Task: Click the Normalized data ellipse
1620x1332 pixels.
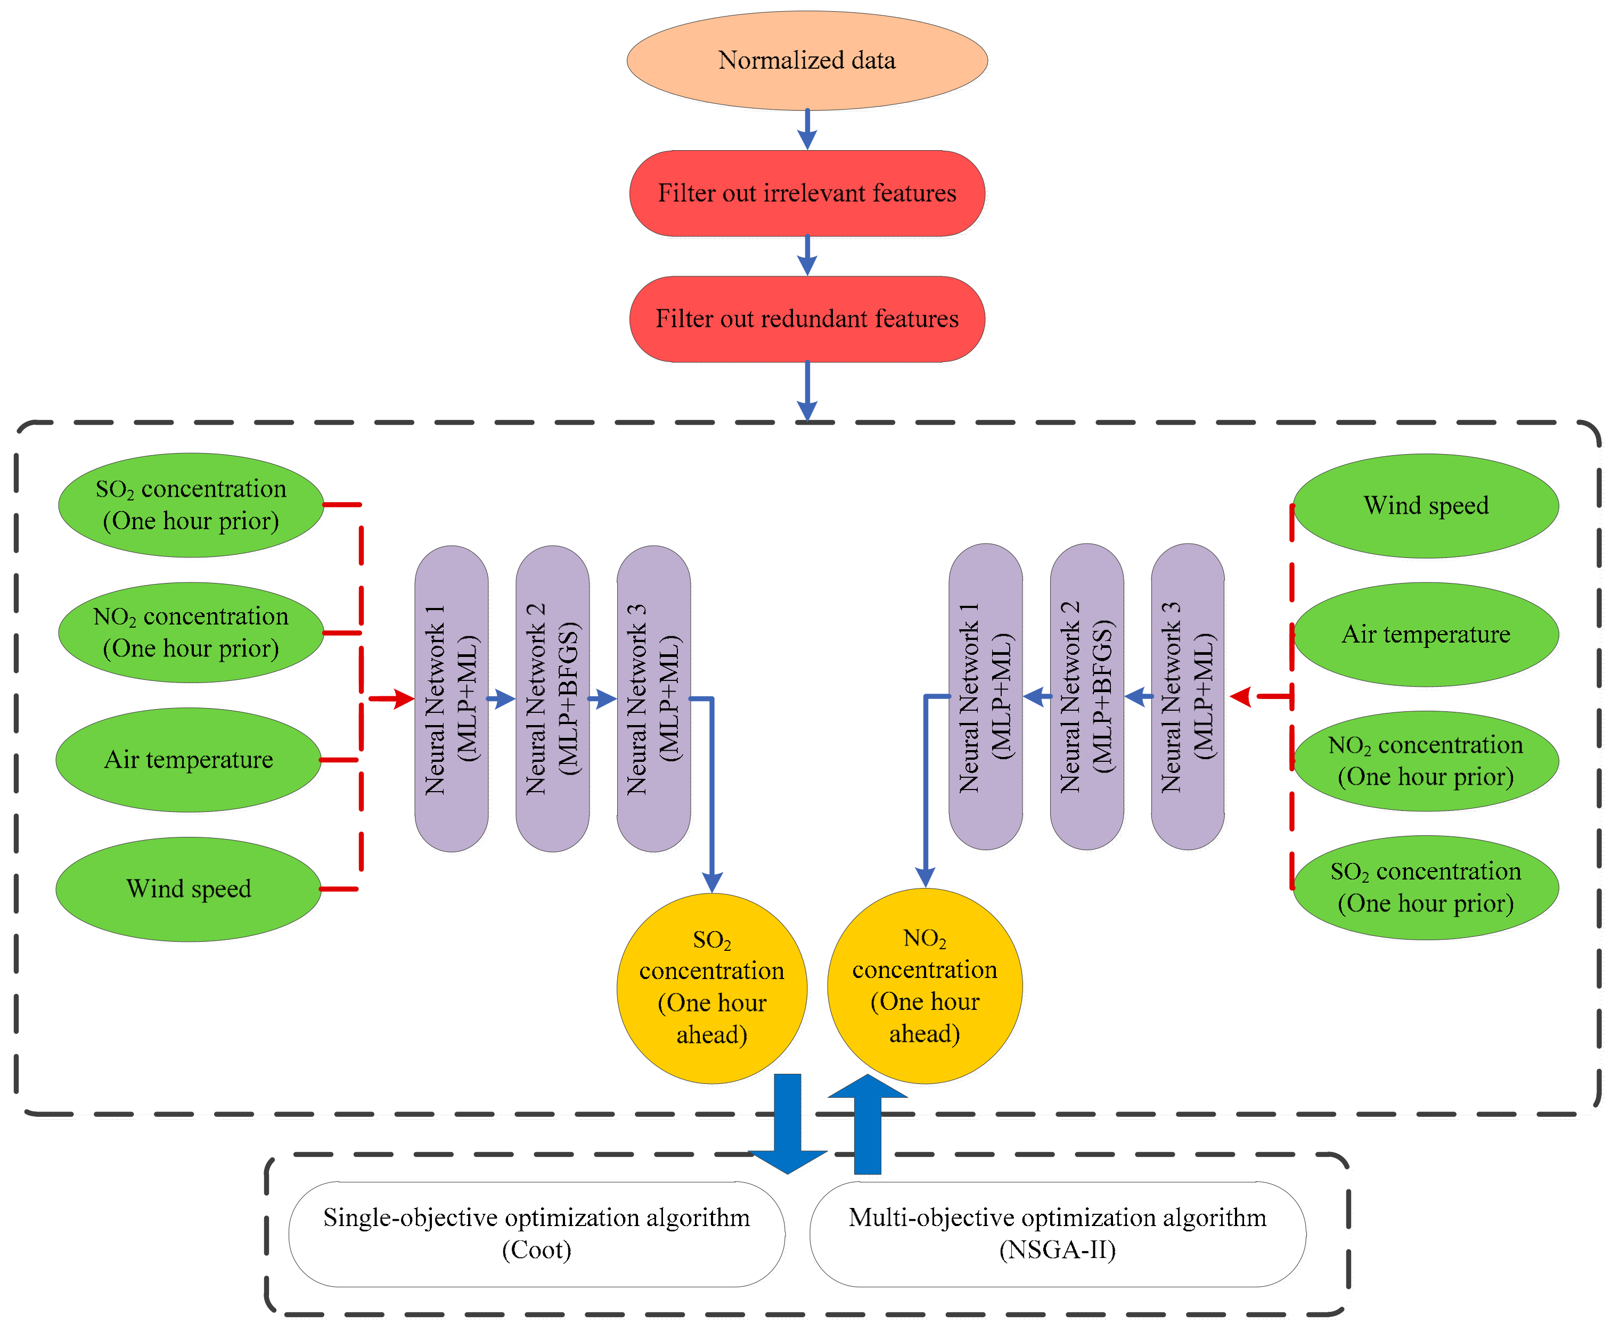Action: click(807, 60)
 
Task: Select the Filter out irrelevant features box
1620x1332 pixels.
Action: click(807, 193)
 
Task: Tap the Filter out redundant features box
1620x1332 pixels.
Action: click(807, 318)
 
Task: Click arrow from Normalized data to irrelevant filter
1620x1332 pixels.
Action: click(807, 129)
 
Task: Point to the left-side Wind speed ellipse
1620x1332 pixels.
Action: click(189, 889)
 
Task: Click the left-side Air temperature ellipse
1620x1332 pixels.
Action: click(189, 760)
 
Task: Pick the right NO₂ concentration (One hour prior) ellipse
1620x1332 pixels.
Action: click(1425, 760)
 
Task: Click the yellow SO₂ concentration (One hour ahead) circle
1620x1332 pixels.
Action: click(711, 988)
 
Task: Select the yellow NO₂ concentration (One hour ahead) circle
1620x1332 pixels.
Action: click(924, 986)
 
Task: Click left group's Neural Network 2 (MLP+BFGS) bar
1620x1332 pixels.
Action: click(553, 698)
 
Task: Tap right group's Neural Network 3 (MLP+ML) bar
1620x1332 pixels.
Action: click(1187, 697)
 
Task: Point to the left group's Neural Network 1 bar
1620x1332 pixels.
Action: click(451, 698)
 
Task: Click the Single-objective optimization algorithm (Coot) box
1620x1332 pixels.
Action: click(536, 1234)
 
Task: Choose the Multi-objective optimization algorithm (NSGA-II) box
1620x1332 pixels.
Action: click(1058, 1234)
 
